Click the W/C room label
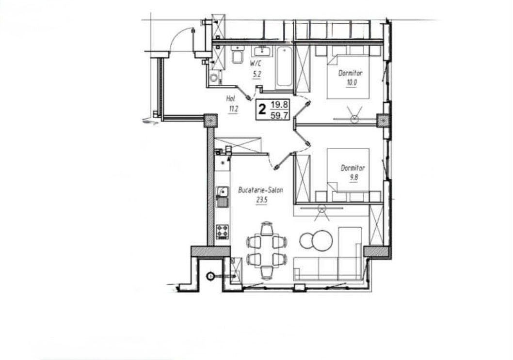256,63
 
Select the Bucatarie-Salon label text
261,190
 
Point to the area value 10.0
352,82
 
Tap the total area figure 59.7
279,115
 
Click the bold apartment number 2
262,109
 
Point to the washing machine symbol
214,78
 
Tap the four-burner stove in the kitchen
223,232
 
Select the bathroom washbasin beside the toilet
262,52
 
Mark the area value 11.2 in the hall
233,109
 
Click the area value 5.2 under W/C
256,75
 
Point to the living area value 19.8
279,105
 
